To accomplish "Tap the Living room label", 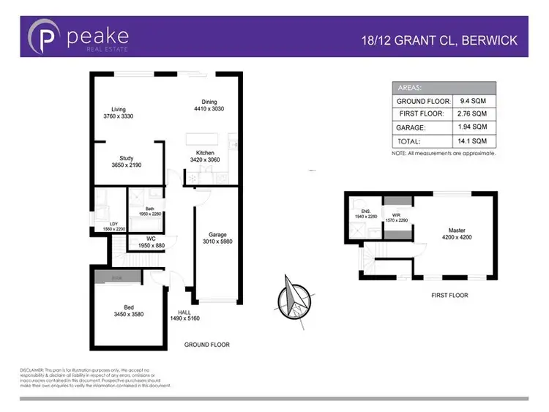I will [x=113, y=109].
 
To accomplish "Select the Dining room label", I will [x=209, y=102].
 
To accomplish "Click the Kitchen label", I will [x=204, y=153].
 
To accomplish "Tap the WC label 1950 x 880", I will [x=149, y=238].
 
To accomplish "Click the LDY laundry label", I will [x=113, y=224].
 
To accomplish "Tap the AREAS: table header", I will [x=408, y=86].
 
